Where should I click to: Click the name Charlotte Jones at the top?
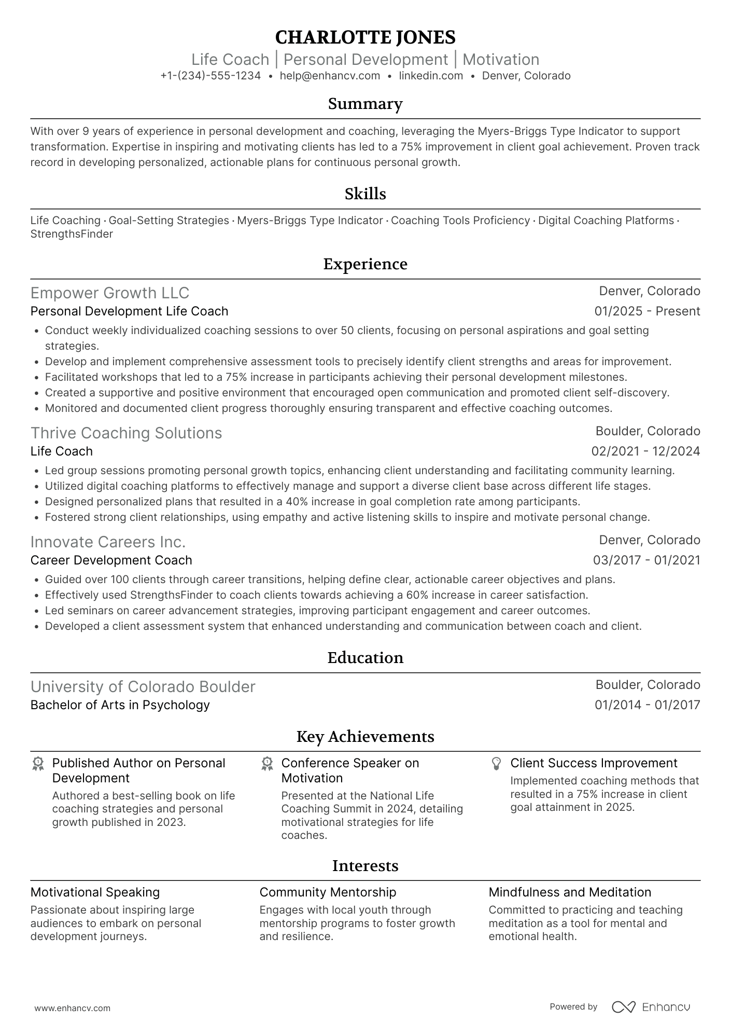coord(365,37)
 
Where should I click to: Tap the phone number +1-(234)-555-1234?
coord(210,76)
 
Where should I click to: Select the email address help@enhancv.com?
coord(330,76)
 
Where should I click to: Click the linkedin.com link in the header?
coord(431,76)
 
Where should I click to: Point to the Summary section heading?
coord(365,104)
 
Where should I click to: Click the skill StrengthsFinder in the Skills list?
coord(72,234)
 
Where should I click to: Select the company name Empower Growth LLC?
coord(110,293)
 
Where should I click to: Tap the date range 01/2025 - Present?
coord(647,311)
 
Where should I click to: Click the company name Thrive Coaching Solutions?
coord(126,433)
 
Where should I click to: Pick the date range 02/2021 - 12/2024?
coord(645,451)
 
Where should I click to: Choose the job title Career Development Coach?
coord(111,560)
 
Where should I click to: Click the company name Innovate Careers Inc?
coord(108,542)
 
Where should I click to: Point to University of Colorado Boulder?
coord(143,687)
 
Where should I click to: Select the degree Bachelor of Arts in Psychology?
coord(120,705)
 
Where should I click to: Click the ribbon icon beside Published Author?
coord(38,763)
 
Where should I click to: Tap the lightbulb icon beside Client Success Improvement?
coord(496,763)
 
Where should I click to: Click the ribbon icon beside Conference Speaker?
coord(267,763)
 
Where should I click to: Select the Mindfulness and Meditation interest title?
coord(570,892)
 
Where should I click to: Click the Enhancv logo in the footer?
coord(651,1007)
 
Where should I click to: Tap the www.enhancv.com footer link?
coord(73,1008)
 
